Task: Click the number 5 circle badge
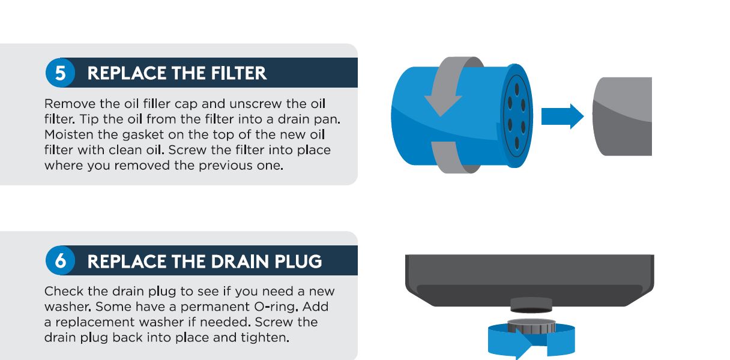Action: click(x=61, y=73)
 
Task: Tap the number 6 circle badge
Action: click(x=61, y=261)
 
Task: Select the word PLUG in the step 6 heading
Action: click(x=297, y=262)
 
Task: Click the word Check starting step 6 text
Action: click(x=62, y=291)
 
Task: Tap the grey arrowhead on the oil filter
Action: click(x=443, y=103)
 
